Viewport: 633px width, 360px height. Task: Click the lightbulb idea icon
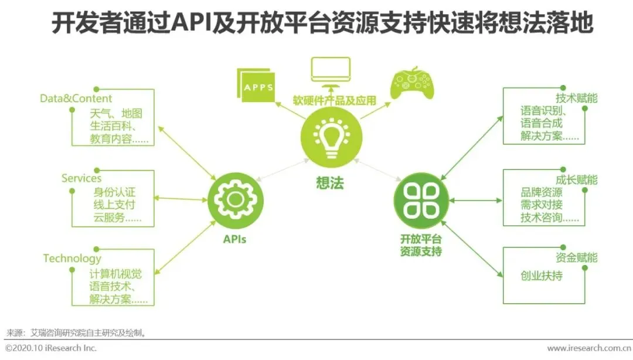point(328,136)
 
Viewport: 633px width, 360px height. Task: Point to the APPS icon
point(258,86)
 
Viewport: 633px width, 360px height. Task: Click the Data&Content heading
point(76,99)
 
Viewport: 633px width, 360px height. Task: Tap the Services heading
point(81,178)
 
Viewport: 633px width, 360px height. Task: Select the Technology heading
point(72,259)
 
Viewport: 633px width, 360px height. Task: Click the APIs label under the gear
point(234,239)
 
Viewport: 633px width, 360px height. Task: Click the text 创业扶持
point(541,276)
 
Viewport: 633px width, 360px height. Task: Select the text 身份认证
point(115,193)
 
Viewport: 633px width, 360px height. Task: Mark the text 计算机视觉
point(115,273)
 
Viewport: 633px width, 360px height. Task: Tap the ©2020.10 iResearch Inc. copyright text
point(51,349)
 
